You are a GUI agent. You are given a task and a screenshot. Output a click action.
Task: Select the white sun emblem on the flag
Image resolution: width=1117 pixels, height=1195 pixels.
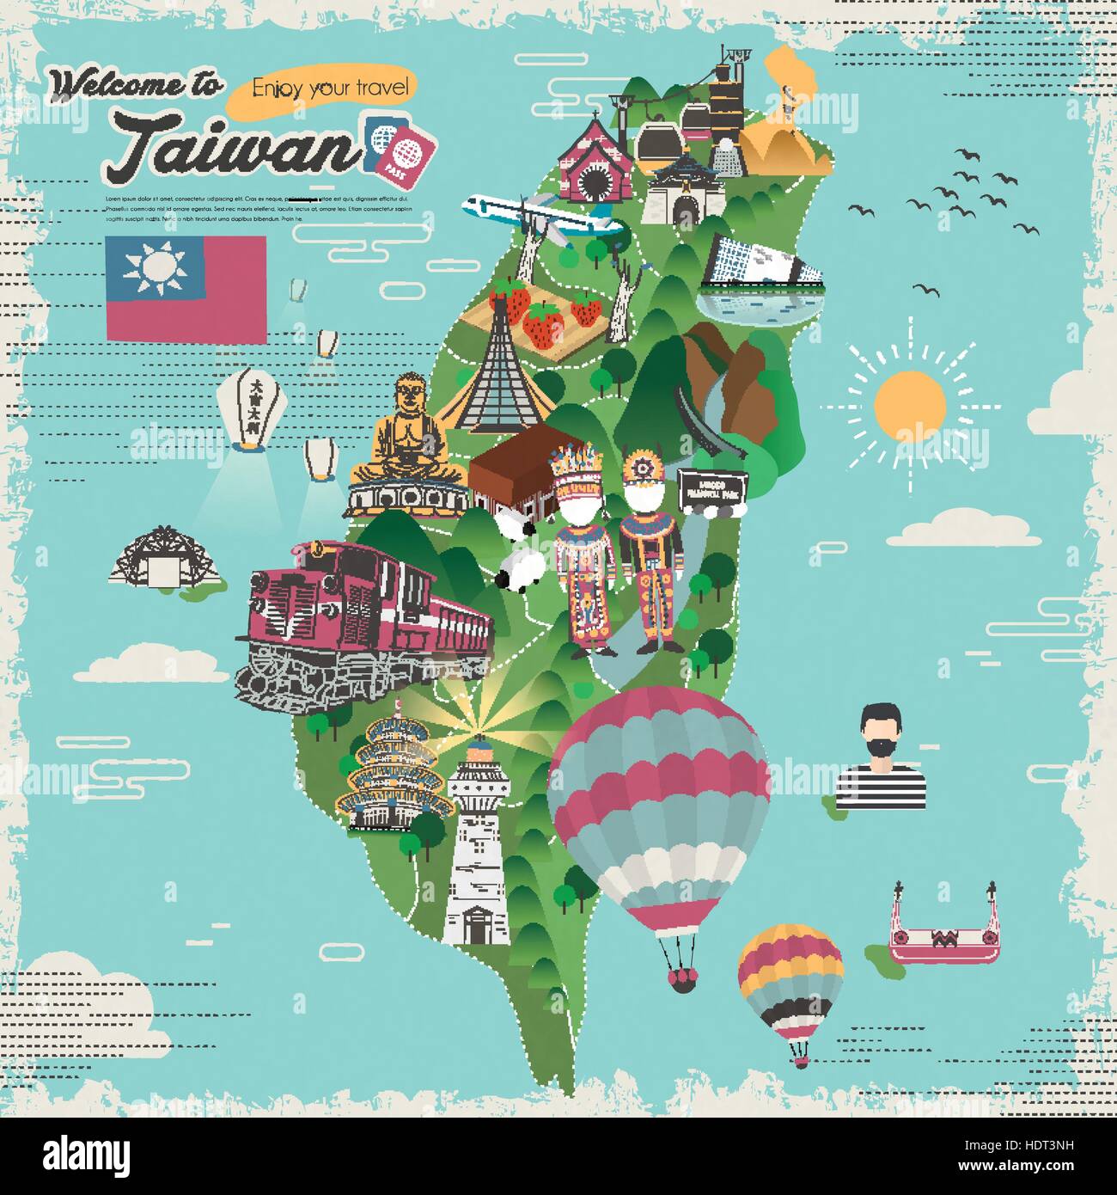(155, 266)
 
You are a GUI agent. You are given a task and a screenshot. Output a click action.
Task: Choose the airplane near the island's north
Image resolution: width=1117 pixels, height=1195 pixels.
(541, 215)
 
